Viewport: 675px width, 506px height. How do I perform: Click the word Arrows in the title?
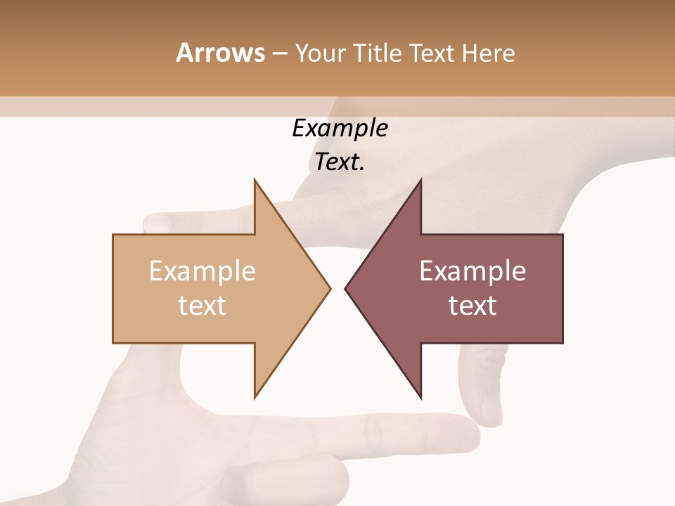[220, 53]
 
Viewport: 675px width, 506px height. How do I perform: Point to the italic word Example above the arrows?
[340, 128]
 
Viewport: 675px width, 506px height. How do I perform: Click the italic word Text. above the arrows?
[340, 162]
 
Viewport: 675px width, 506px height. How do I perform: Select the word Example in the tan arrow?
[202, 271]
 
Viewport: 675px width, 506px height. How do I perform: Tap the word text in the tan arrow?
[202, 305]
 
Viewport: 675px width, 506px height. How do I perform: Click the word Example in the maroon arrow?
[472, 271]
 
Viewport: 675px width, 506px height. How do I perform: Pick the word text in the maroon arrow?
[472, 305]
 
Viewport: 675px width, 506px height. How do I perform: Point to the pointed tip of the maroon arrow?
[346, 288]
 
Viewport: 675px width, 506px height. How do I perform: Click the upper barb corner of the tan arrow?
[255, 181]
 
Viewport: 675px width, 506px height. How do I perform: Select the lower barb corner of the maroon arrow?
[420, 397]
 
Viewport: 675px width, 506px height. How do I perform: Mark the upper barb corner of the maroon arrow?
[420, 181]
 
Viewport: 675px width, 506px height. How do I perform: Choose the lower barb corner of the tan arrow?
[255, 397]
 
